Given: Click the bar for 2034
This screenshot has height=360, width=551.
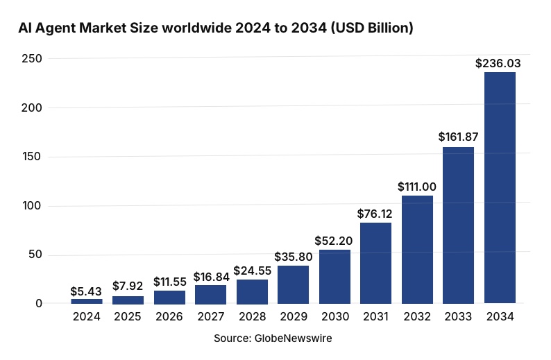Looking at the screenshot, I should coord(500,187).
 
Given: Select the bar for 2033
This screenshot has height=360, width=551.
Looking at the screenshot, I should coord(458,225).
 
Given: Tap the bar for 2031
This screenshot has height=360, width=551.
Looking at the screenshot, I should coord(375,263).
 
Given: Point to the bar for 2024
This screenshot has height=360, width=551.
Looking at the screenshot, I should coord(87,301).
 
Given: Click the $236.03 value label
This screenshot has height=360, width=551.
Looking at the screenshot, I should coord(498,63).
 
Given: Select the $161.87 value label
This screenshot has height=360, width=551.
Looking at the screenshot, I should coord(458,137).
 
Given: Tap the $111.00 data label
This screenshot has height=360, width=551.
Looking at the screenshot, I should coord(416,187).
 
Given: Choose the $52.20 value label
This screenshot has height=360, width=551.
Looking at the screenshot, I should coord(334,241).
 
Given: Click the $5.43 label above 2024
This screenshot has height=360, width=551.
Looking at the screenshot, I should coord(87,290).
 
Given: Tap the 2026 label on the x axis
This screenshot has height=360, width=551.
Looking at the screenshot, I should coord(169,317).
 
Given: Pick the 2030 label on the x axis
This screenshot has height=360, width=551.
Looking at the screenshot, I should coord(334,317).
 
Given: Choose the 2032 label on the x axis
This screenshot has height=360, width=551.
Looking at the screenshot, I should coord(416,317).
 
